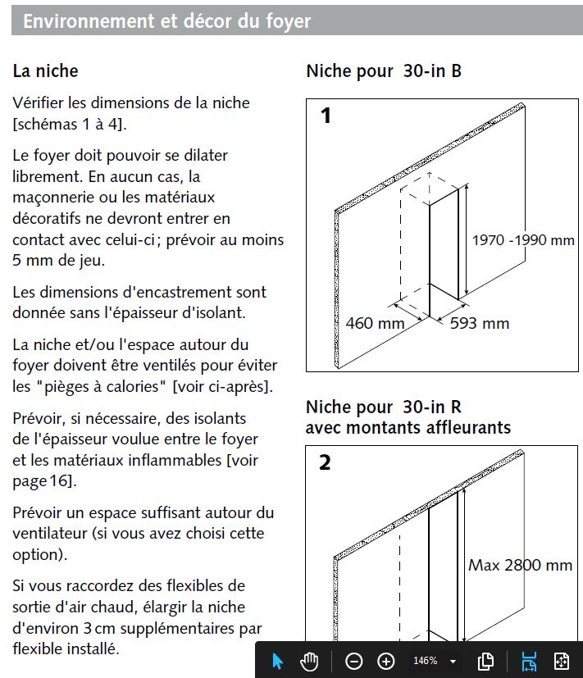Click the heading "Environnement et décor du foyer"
[166, 20]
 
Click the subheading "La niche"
[45, 71]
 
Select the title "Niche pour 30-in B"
[384, 71]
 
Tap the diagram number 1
[326, 116]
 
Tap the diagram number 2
[326, 462]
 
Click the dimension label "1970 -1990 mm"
[523, 240]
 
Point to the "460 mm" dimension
[375, 323]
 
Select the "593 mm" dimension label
[480, 323]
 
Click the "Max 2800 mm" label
[520, 565]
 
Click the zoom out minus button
[353, 661]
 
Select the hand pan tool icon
[309, 661]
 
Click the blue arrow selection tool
[277, 661]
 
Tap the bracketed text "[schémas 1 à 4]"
[70, 124]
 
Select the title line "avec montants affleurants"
[408, 427]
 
